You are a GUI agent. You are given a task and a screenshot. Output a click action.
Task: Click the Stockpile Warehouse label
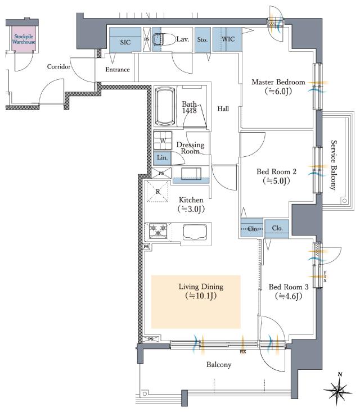(24, 39)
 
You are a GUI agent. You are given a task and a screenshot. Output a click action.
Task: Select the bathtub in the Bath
(165, 106)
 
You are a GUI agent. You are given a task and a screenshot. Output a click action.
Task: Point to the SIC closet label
(125, 42)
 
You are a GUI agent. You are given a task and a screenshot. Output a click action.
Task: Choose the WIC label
(228, 39)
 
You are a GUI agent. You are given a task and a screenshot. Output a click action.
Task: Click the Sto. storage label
(202, 40)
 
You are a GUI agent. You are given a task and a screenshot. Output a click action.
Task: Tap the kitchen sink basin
(195, 232)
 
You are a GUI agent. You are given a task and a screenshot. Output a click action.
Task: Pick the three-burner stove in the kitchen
(158, 230)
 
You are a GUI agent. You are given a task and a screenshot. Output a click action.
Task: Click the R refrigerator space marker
(157, 192)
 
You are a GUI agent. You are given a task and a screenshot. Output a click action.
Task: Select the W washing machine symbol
(163, 141)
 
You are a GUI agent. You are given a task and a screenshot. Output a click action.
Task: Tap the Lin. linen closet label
(162, 157)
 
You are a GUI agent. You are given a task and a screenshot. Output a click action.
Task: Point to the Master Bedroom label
(278, 82)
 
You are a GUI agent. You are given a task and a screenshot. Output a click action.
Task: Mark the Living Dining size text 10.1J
(201, 296)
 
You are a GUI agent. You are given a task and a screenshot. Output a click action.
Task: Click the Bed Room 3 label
(289, 287)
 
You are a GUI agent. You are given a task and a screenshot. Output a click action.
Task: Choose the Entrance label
(118, 70)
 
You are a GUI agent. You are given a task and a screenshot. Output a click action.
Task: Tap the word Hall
(223, 108)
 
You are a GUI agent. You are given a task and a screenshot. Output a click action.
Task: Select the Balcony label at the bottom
(219, 365)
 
